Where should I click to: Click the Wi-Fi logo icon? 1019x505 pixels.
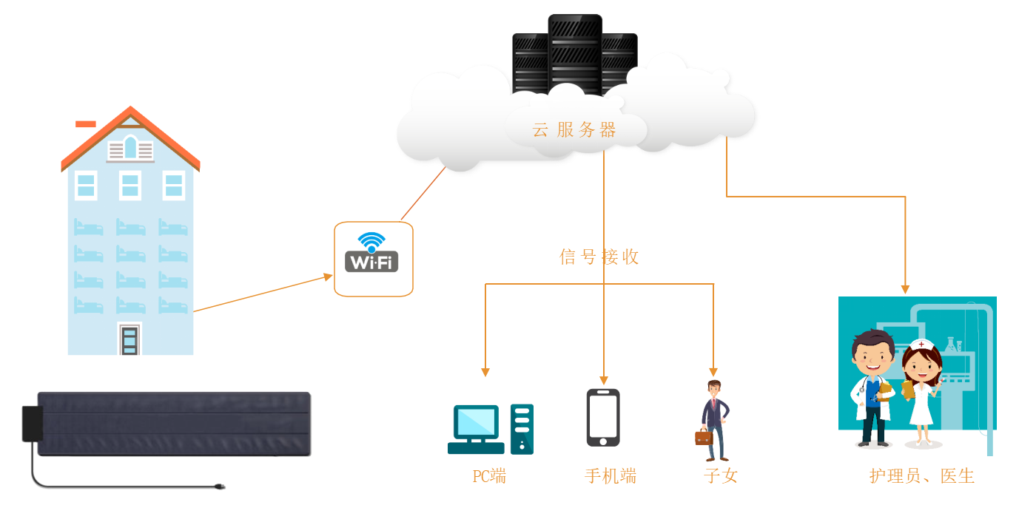[x=371, y=253]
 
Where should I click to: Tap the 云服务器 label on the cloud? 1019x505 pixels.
[x=574, y=131]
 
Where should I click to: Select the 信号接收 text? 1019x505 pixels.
[x=599, y=257]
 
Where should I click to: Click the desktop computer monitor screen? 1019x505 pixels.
[x=476, y=423]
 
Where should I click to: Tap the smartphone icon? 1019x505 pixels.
[x=603, y=418]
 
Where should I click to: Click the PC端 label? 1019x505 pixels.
[x=489, y=476]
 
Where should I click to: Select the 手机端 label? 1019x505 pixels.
[x=610, y=476]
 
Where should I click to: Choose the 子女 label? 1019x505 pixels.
[x=720, y=476]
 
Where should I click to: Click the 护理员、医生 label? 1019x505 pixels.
[x=921, y=476]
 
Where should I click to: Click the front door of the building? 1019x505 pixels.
[x=130, y=340]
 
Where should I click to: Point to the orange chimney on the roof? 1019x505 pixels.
[x=86, y=123]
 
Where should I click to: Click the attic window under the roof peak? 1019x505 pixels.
[x=130, y=148]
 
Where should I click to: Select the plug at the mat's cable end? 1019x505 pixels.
[x=218, y=487]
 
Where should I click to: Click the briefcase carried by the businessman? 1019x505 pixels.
[x=703, y=437]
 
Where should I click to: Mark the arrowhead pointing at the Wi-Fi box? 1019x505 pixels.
[x=329, y=277]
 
